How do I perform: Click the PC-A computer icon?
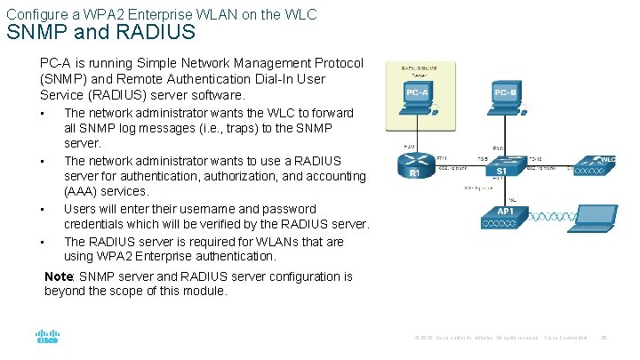[x=417, y=97]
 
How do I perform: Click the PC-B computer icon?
[x=502, y=97]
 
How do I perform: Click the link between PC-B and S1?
[x=502, y=133]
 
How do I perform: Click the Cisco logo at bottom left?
[x=47, y=338]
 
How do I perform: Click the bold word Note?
[x=60, y=277]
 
